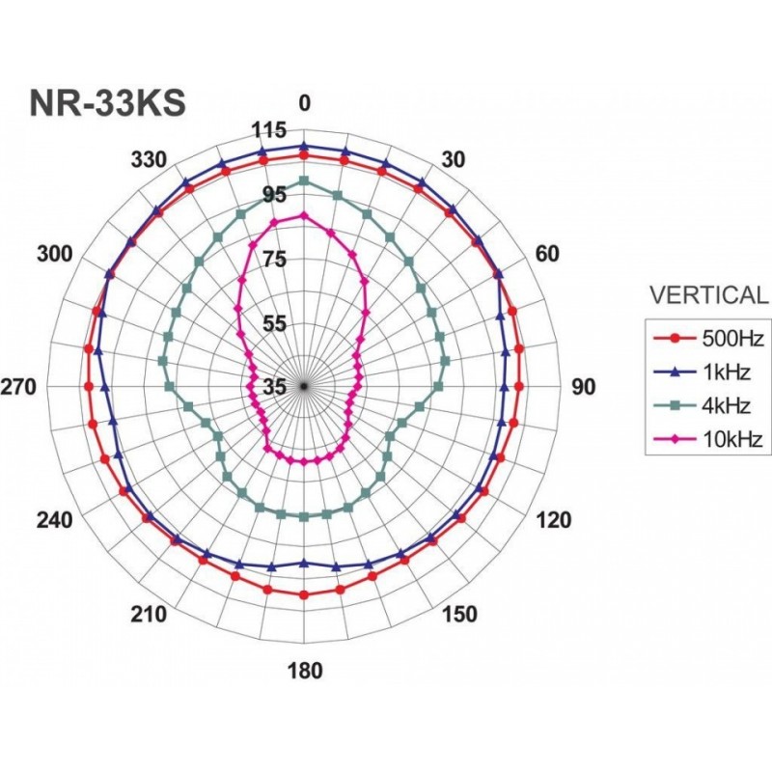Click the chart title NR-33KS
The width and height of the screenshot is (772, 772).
[x=108, y=103]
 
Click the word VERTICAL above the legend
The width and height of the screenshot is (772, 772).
[x=708, y=295]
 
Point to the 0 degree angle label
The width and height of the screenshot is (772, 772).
[x=305, y=104]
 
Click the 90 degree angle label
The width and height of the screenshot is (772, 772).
[x=583, y=388]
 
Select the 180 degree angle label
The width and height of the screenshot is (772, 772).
[x=305, y=671]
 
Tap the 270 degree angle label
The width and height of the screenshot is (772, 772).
[x=18, y=388]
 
